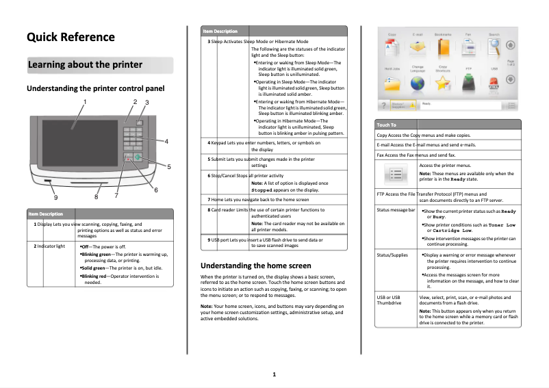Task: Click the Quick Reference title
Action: tap(71, 37)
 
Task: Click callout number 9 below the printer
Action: tap(55, 197)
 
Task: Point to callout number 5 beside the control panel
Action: tap(169, 166)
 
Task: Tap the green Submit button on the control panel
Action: tap(138, 157)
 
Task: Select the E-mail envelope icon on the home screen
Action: tap(417, 48)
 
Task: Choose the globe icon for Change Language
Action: tap(417, 83)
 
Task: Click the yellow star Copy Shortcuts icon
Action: tap(443, 83)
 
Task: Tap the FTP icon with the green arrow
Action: tap(468, 83)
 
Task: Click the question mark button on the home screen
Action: tap(385, 105)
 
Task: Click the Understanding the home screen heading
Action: tap(255, 265)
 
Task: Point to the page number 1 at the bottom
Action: tap(274, 374)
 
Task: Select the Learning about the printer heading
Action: tap(85, 65)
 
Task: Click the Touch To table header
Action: tap(387, 125)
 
